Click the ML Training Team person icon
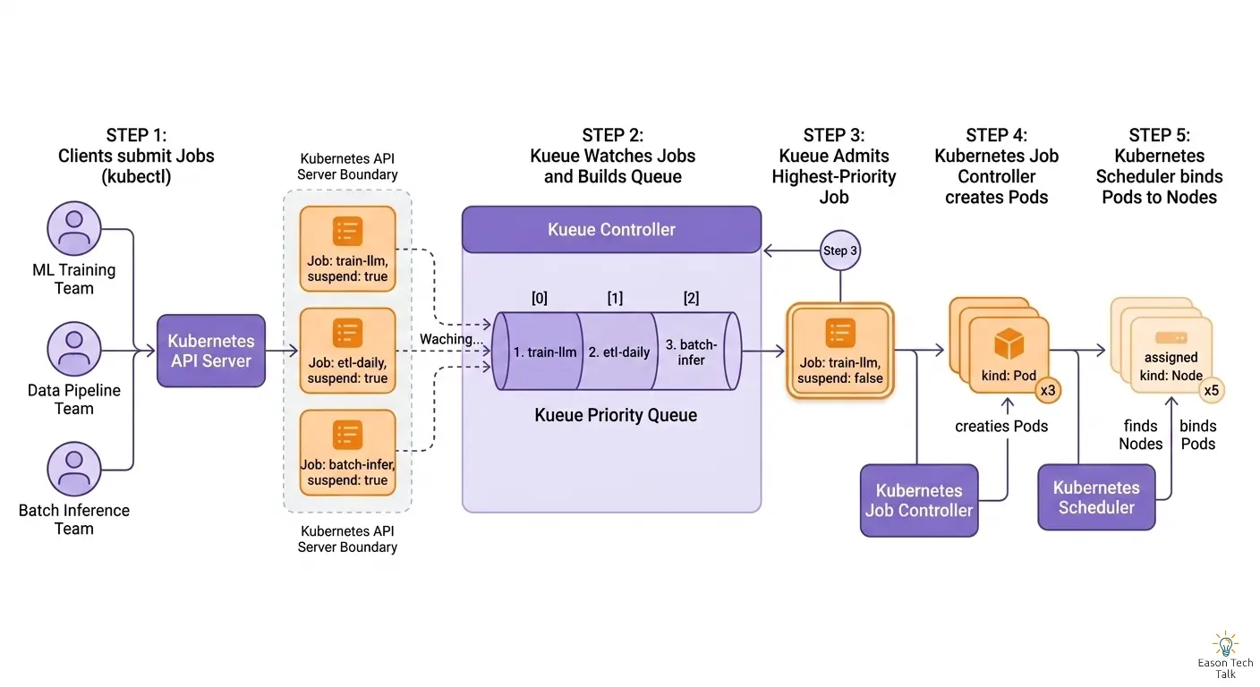pyautogui.click(x=74, y=228)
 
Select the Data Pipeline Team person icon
pyautogui.click(x=74, y=350)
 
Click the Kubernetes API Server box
pyautogui.click(x=211, y=351)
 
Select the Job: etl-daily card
pyautogui.click(x=347, y=352)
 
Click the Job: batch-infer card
pyautogui.click(x=347, y=454)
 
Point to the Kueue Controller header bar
pyautogui.click(x=611, y=230)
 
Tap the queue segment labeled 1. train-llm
pyautogui.click(x=540, y=352)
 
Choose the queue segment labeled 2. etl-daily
pyautogui.click(x=618, y=352)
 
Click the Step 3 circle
pyautogui.click(x=840, y=250)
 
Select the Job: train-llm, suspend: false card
pyautogui.click(x=840, y=351)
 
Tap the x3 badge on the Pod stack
pyautogui.click(x=1048, y=391)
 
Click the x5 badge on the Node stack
pyautogui.click(x=1211, y=390)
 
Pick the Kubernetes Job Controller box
pyautogui.click(x=919, y=501)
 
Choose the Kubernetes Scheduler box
pyautogui.click(x=1096, y=497)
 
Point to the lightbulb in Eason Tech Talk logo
pyautogui.click(x=1225, y=644)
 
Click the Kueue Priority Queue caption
pyautogui.click(x=616, y=415)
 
